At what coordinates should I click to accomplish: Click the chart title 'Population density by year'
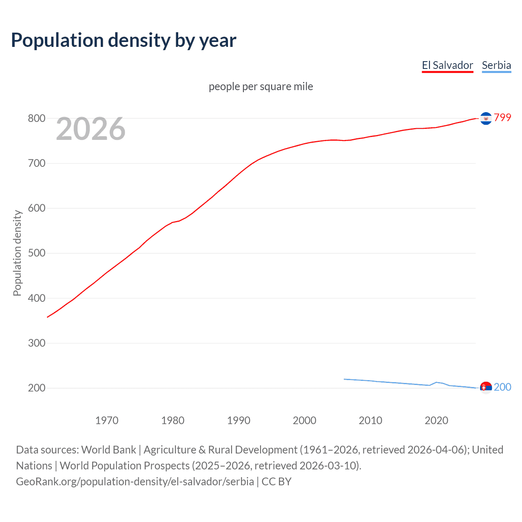coord(124,40)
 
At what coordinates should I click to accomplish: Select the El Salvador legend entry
coord(447,65)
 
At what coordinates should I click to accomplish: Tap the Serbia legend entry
coord(496,65)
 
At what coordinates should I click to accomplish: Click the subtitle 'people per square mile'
coord(261,86)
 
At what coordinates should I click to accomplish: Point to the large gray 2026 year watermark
coord(91,129)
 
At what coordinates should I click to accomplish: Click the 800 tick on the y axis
coord(36,119)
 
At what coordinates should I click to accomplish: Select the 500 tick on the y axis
coord(36,253)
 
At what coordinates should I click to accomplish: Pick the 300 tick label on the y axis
coord(36,343)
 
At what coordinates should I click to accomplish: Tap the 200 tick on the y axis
coord(36,388)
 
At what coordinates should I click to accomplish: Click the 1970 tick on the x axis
coord(107,420)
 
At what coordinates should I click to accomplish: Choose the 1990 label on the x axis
coord(239,420)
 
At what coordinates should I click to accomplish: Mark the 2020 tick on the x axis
coord(436,420)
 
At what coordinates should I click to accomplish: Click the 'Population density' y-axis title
coord(17,253)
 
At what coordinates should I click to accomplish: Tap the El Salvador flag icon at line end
coord(486,118)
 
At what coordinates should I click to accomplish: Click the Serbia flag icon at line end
coord(486,387)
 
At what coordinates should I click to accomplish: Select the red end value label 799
coord(502,118)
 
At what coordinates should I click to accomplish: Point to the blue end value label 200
coord(502,387)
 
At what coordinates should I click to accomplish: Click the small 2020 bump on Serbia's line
coord(436,382)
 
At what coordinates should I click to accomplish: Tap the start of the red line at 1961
coord(48,317)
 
